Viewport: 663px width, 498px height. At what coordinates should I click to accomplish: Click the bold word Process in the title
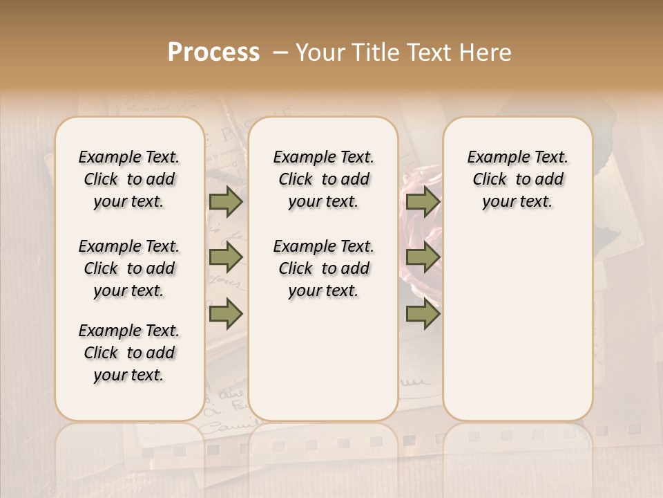pos(213,53)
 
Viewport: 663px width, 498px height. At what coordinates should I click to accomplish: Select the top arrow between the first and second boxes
pos(226,202)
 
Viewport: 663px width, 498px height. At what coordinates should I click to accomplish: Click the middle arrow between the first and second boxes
pos(226,258)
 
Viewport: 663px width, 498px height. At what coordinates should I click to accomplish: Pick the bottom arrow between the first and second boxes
pos(226,313)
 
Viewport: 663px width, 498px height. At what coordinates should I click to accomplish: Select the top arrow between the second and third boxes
pos(423,202)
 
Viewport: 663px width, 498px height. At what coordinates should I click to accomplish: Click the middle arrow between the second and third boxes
pos(423,258)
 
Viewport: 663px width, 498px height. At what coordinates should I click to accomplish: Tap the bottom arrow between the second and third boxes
pos(423,313)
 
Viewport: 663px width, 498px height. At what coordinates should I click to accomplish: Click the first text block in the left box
pos(129,179)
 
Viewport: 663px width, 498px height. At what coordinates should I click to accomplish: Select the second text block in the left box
pos(129,268)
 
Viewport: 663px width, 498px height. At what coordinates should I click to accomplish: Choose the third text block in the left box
pos(129,353)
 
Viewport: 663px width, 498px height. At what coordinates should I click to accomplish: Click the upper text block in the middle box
pos(323,179)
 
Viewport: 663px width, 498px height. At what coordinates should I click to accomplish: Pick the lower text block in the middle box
pos(323,268)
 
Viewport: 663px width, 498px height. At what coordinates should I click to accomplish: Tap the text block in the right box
pos(517,179)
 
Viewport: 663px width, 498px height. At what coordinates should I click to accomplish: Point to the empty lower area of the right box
pos(517,325)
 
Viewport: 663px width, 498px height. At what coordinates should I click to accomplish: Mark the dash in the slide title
pos(280,53)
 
